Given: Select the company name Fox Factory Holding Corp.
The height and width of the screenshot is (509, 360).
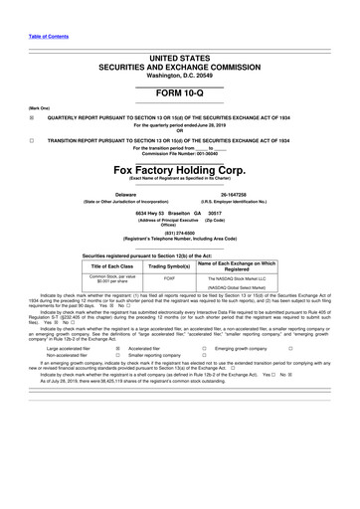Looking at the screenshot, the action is (180, 170).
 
